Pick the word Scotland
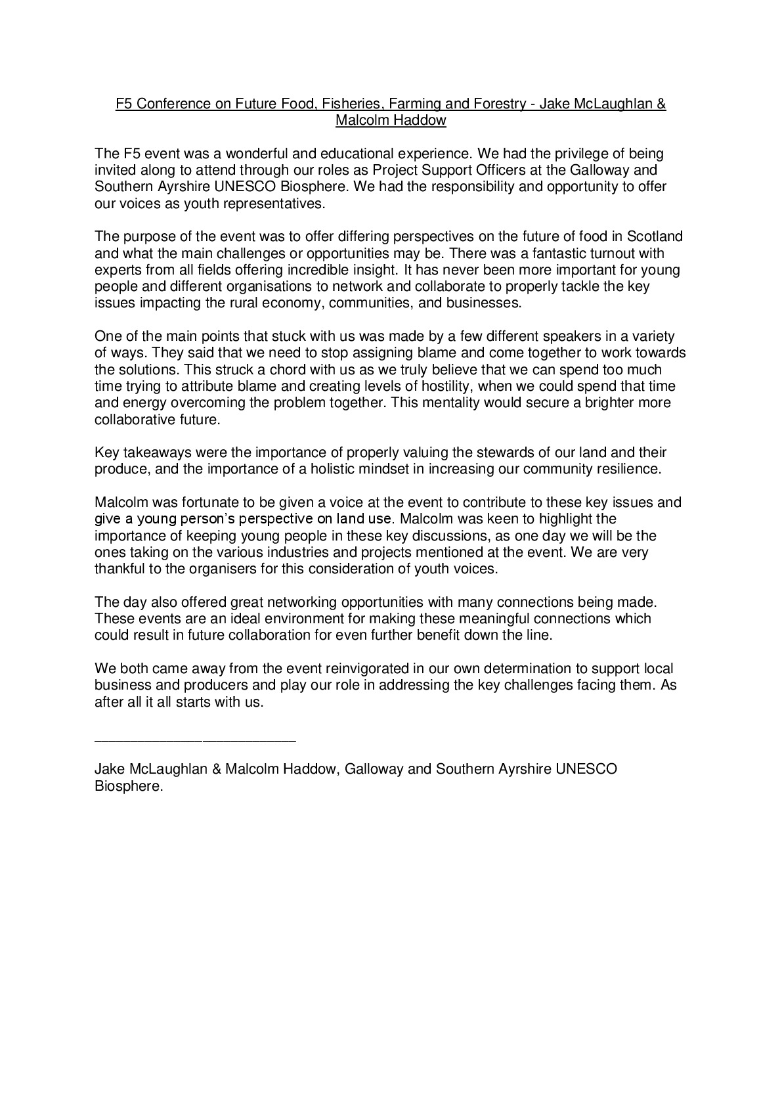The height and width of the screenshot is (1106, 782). click(x=655, y=236)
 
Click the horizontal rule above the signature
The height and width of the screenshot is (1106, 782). click(x=196, y=741)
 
